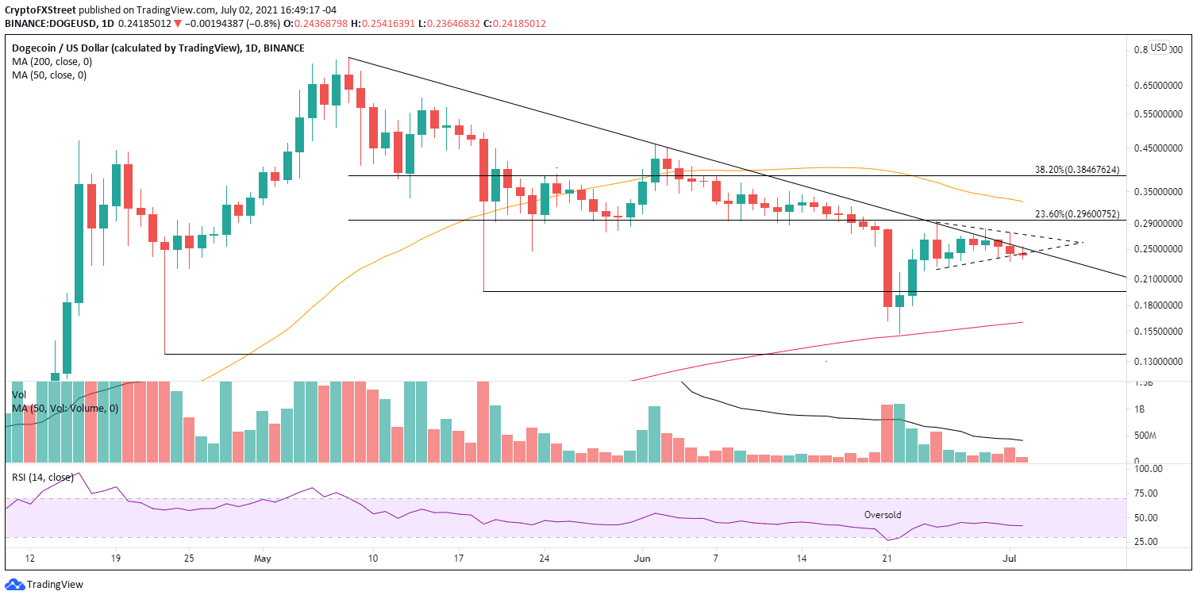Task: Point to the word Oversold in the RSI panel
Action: pos(883,515)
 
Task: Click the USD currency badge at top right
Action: pos(1159,48)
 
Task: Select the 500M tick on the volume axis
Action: pos(1143,436)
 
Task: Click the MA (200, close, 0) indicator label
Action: pos(49,62)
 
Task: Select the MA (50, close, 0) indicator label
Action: pos(47,75)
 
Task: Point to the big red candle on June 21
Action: pos(887,268)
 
